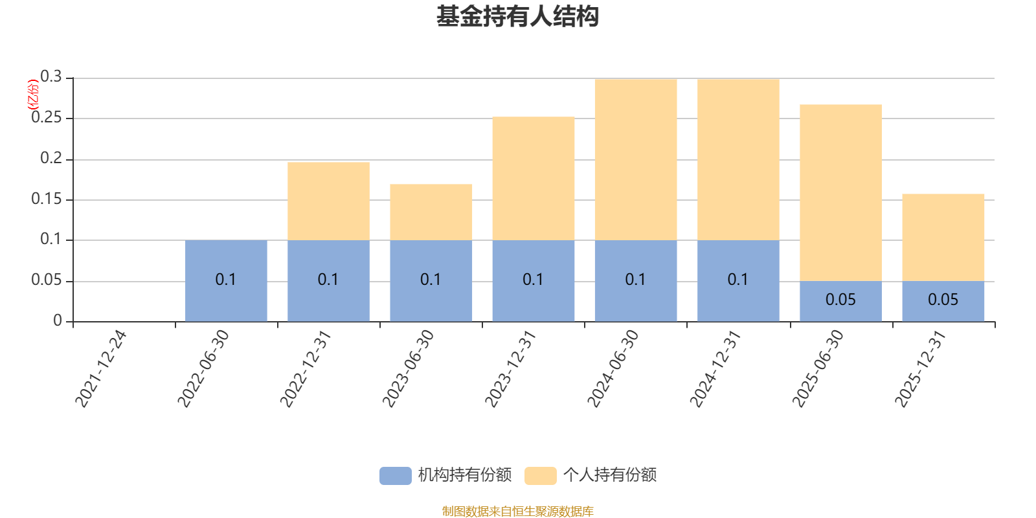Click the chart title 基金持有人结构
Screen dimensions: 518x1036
517,17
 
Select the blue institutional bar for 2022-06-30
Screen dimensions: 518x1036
226,280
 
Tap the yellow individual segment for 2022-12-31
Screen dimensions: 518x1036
328,201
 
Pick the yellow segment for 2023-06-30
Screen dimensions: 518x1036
431,212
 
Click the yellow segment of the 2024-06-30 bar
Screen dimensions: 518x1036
635,159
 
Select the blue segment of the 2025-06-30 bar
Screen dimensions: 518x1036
840,301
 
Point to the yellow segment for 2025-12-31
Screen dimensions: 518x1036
943,237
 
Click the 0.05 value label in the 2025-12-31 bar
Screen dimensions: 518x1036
943,300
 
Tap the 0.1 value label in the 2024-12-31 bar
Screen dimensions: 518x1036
738,280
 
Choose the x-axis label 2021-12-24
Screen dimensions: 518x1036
101,368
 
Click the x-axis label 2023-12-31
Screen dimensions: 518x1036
511,368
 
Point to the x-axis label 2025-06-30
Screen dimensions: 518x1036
818,368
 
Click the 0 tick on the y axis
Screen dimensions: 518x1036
58,321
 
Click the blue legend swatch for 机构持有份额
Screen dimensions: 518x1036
395,475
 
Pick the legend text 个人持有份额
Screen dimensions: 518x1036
609,475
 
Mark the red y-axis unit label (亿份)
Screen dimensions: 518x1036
32,95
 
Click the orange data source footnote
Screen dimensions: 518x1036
517,512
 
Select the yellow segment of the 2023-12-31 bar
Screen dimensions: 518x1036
533,179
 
